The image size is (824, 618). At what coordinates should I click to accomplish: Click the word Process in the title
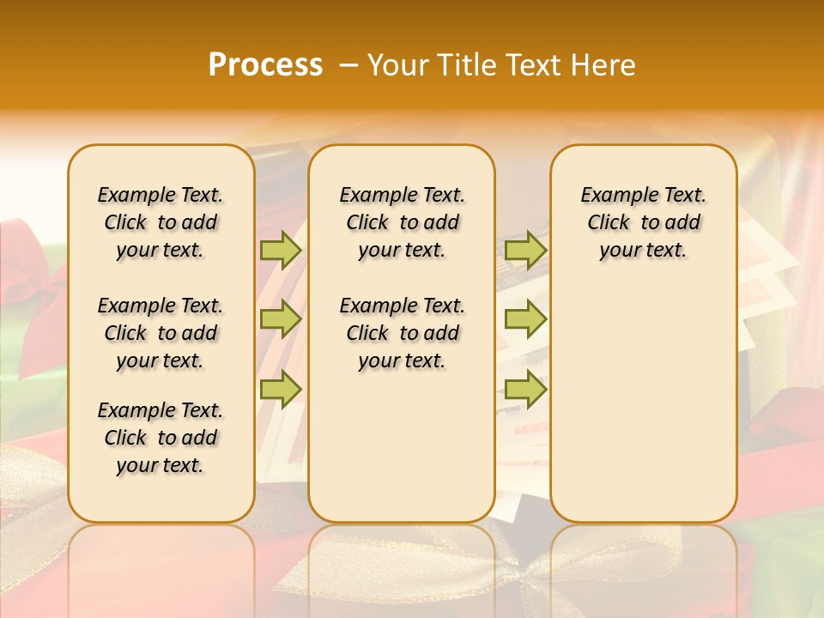(265, 65)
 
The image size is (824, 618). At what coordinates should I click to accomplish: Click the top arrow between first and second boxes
(281, 250)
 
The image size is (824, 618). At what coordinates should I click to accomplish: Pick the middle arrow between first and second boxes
(281, 319)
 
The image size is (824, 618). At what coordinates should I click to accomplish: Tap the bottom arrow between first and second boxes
(281, 390)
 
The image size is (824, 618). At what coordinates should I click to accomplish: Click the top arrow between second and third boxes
(525, 250)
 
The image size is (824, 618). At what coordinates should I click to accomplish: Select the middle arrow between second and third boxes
(525, 319)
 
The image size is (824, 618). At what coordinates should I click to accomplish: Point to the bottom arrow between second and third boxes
(525, 390)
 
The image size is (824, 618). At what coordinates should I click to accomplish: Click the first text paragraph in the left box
(161, 222)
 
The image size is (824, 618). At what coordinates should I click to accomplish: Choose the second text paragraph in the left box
(161, 333)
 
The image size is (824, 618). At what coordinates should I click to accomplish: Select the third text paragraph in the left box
(161, 438)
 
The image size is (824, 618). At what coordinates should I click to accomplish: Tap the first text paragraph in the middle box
(402, 222)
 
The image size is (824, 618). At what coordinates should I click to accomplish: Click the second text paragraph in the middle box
(402, 333)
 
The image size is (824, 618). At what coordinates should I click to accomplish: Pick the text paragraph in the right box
(643, 222)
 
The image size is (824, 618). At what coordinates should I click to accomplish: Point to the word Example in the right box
(612, 196)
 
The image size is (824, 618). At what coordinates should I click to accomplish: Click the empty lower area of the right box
(643, 403)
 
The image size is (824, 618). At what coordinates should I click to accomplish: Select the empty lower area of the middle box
(402, 446)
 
